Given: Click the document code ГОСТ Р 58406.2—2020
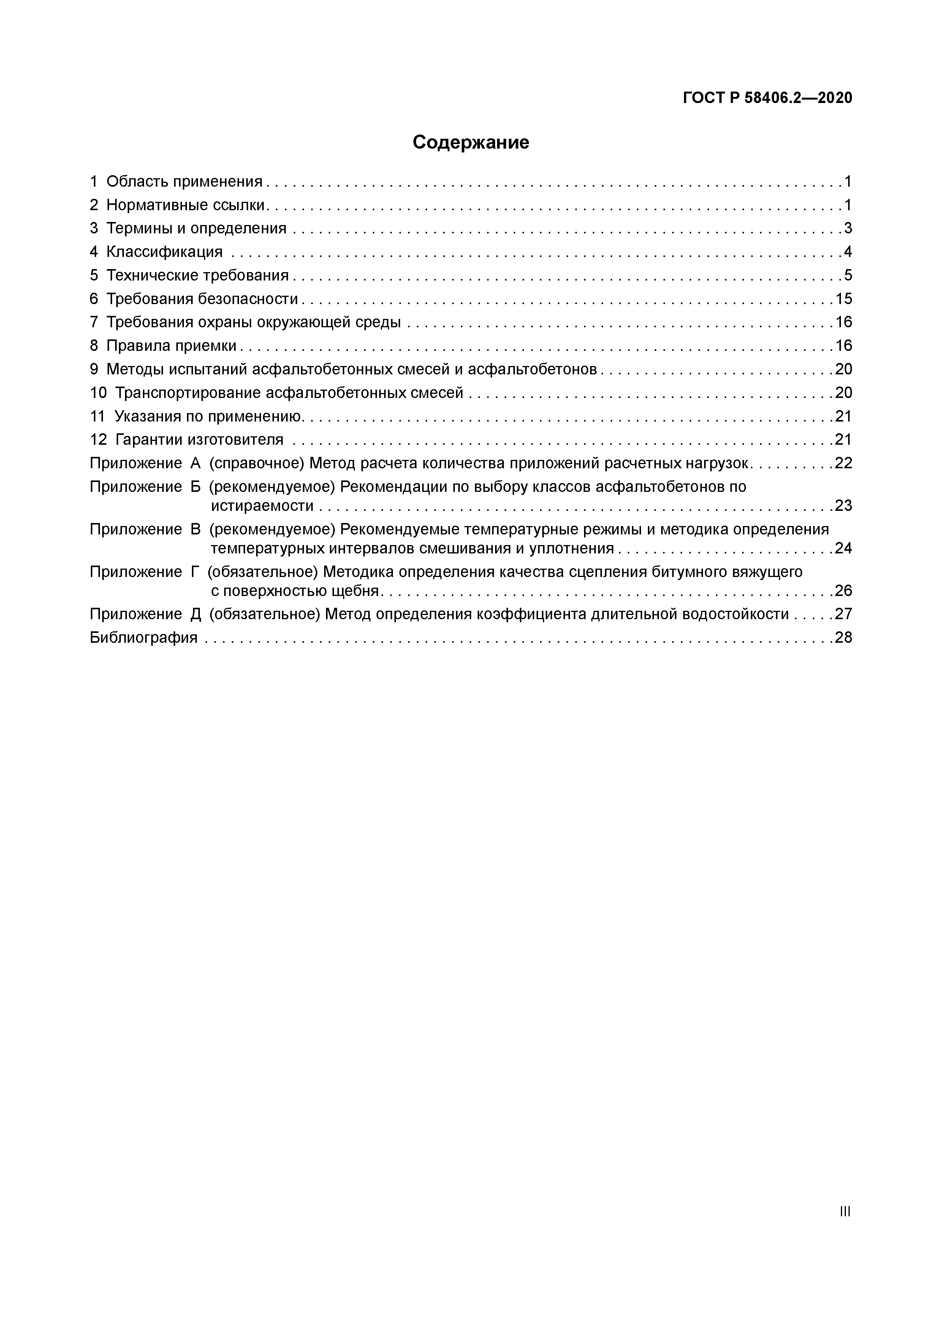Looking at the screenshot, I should (x=767, y=98).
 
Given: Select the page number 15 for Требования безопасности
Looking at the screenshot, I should (x=843, y=299).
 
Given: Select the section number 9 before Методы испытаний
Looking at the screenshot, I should (x=94, y=369).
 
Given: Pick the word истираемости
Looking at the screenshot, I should (x=262, y=506).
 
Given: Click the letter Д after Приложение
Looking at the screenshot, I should (x=195, y=614).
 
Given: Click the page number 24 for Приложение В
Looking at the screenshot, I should (x=843, y=548).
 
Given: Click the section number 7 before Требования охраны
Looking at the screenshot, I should (x=94, y=322).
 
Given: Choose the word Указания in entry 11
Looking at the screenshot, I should (x=145, y=416).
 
